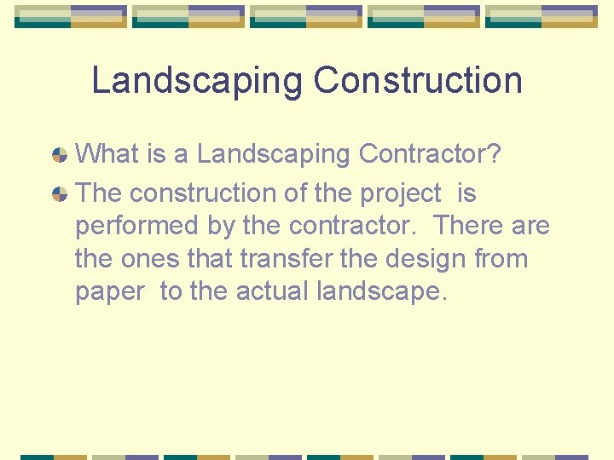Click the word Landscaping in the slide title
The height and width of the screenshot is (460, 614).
point(196,81)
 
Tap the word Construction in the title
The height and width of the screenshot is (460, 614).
point(418,81)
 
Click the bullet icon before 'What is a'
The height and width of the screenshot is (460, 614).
point(60,155)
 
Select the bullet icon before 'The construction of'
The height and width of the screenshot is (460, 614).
point(60,194)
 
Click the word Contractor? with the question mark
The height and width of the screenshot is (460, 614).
point(430,154)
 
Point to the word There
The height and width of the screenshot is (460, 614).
point(469,226)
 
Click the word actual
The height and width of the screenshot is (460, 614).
point(272,290)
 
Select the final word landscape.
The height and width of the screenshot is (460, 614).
point(381,291)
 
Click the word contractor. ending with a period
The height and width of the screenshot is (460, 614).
point(356,226)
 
